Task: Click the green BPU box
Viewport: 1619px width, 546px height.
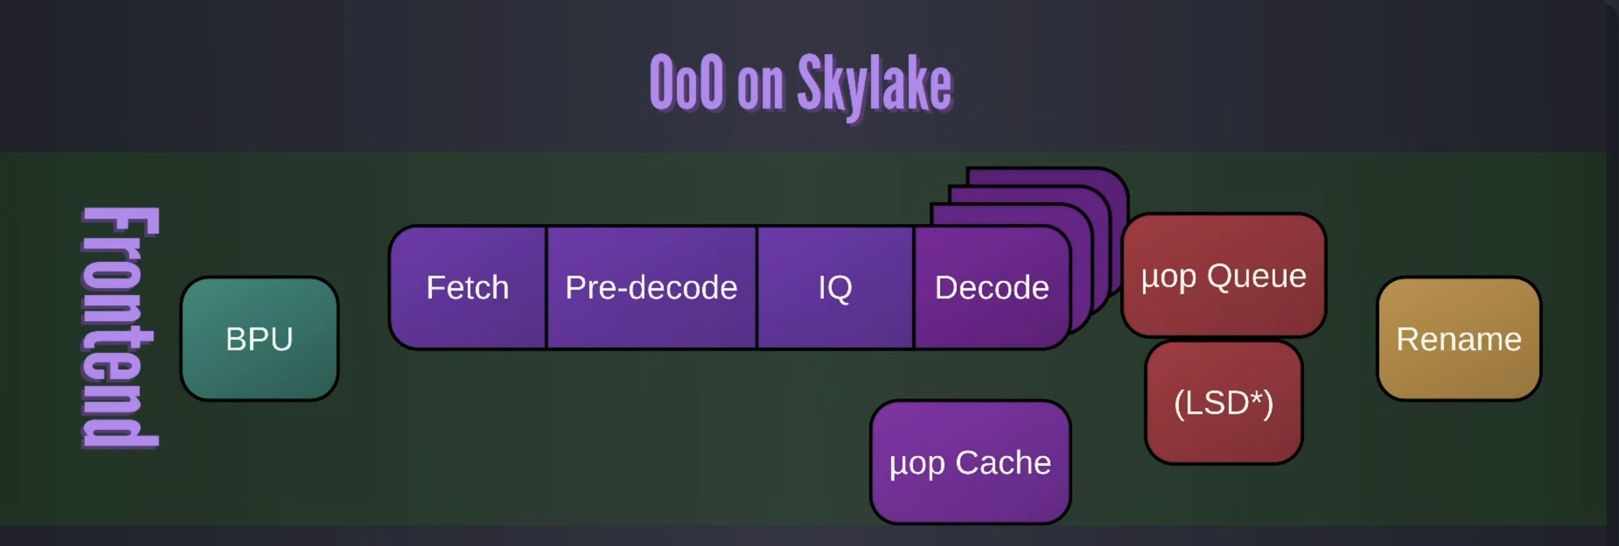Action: pyautogui.click(x=260, y=338)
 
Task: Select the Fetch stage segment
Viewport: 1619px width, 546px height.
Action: pyautogui.click(x=467, y=287)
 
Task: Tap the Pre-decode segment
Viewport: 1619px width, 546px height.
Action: pyautogui.click(x=651, y=287)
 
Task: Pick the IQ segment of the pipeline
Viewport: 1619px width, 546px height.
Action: pyautogui.click(x=835, y=287)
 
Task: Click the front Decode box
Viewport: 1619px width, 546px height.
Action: pyautogui.click(x=992, y=287)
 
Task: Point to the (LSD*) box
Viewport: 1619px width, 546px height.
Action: pyautogui.click(x=1224, y=402)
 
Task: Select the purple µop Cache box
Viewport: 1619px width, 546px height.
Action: pyautogui.click(x=970, y=462)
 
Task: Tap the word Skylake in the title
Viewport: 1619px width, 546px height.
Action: pyautogui.click(x=875, y=85)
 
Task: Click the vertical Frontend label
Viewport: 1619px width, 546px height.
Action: pyautogui.click(x=119, y=327)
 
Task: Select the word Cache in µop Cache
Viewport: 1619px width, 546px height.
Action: pyautogui.click(x=1003, y=462)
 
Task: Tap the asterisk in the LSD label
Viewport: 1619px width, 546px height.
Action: pyautogui.click(x=1255, y=397)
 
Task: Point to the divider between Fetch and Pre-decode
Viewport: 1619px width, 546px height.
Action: pyautogui.click(x=546, y=287)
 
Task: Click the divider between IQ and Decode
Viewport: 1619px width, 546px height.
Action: pyautogui.click(x=914, y=287)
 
